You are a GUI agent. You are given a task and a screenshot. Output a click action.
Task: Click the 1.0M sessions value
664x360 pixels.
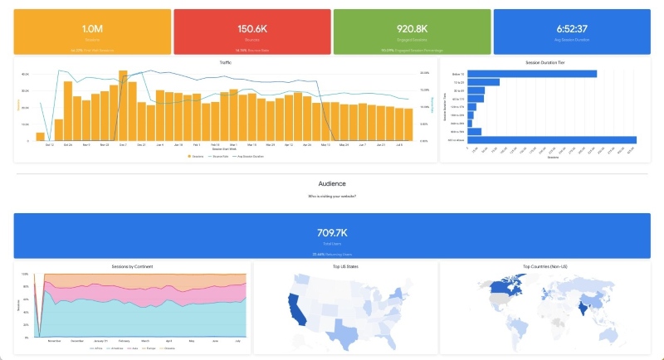pyautogui.click(x=91, y=29)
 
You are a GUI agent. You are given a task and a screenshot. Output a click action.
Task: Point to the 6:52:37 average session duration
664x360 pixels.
pyautogui.click(x=571, y=29)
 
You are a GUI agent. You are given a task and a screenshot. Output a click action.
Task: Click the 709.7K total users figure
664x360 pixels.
pyautogui.click(x=331, y=233)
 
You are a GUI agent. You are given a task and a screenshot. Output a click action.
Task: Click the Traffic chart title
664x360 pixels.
pyautogui.click(x=226, y=62)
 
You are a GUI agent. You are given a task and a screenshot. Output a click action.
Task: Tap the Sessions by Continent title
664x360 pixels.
pyautogui.click(x=132, y=266)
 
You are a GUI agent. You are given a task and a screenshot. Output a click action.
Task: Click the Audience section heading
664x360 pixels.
pyautogui.click(x=332, y=183)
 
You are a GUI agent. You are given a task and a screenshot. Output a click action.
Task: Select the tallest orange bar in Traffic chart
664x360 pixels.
pyautogui.click(x=123, y=105)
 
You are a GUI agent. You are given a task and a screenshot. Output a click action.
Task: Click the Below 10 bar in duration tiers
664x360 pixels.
pyautogui.click(x=532, y=74)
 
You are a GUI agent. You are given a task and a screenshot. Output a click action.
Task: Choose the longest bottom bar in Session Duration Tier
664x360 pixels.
pyautogui.click(x=552, y=139)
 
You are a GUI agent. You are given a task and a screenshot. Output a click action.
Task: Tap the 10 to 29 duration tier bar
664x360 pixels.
pyautogui.click(x=483, y=82)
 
